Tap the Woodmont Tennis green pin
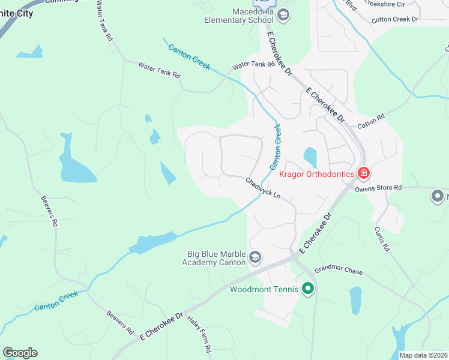click(x=308, y=289)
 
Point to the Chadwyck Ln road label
click(x=263, y=187)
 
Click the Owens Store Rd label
click(x=378, y=188)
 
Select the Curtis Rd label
click(x=382, y=239)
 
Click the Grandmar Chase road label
click(x=339, y=271)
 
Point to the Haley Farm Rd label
click(x=199, y=334)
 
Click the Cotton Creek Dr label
click(x=394, y=19)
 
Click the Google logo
click(x=20, y=353)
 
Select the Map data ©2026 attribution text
click(x=423, y=355)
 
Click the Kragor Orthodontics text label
click(x=317, y=174)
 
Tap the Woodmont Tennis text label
click(x=264, y=289)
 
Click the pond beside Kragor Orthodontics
click(x=310, y=157)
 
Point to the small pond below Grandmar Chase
click(x=355, y=300)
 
